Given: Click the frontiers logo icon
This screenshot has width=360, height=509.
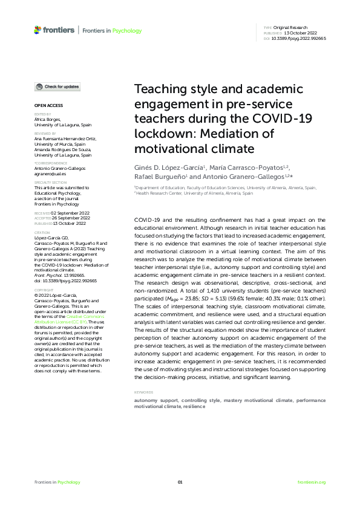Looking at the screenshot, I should click(x=38, y=30).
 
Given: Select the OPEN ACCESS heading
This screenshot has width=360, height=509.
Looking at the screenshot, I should click(x=46, y=106).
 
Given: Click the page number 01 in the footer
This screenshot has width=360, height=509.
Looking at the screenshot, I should click(x=180, y=482).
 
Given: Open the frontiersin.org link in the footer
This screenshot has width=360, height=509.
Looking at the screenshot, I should click(x=312, y=482).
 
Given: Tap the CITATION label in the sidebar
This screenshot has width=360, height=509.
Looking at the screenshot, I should click(x=42, y=232).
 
